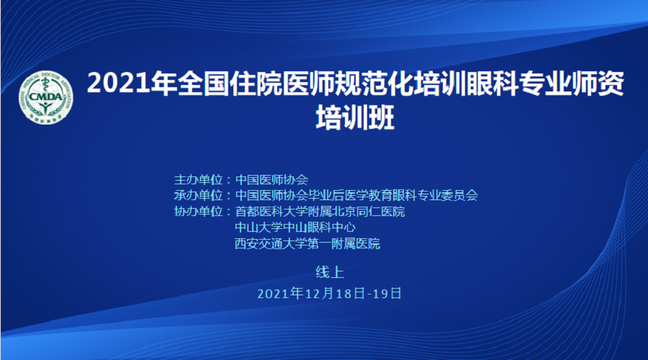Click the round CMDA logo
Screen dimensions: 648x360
click(46, 97)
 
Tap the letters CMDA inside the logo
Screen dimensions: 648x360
click(46, 96)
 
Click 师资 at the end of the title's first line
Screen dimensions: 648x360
click(598, 84)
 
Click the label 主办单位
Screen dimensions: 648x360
click(199, 180)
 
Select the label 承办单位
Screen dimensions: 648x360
click(199, 196)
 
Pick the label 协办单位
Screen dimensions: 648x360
click(199, 212)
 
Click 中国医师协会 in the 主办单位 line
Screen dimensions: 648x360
click(272, 180)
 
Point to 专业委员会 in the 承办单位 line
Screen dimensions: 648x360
click(448, 196)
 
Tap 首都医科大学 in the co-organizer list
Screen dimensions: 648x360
click(271, 212)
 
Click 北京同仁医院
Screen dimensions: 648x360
click(369, 212)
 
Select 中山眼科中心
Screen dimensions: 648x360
click(320, 228)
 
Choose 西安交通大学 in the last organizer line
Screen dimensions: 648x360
click(271, 244)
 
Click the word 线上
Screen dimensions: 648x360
click(330, 272)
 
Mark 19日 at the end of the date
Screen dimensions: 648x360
click(387, 294)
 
